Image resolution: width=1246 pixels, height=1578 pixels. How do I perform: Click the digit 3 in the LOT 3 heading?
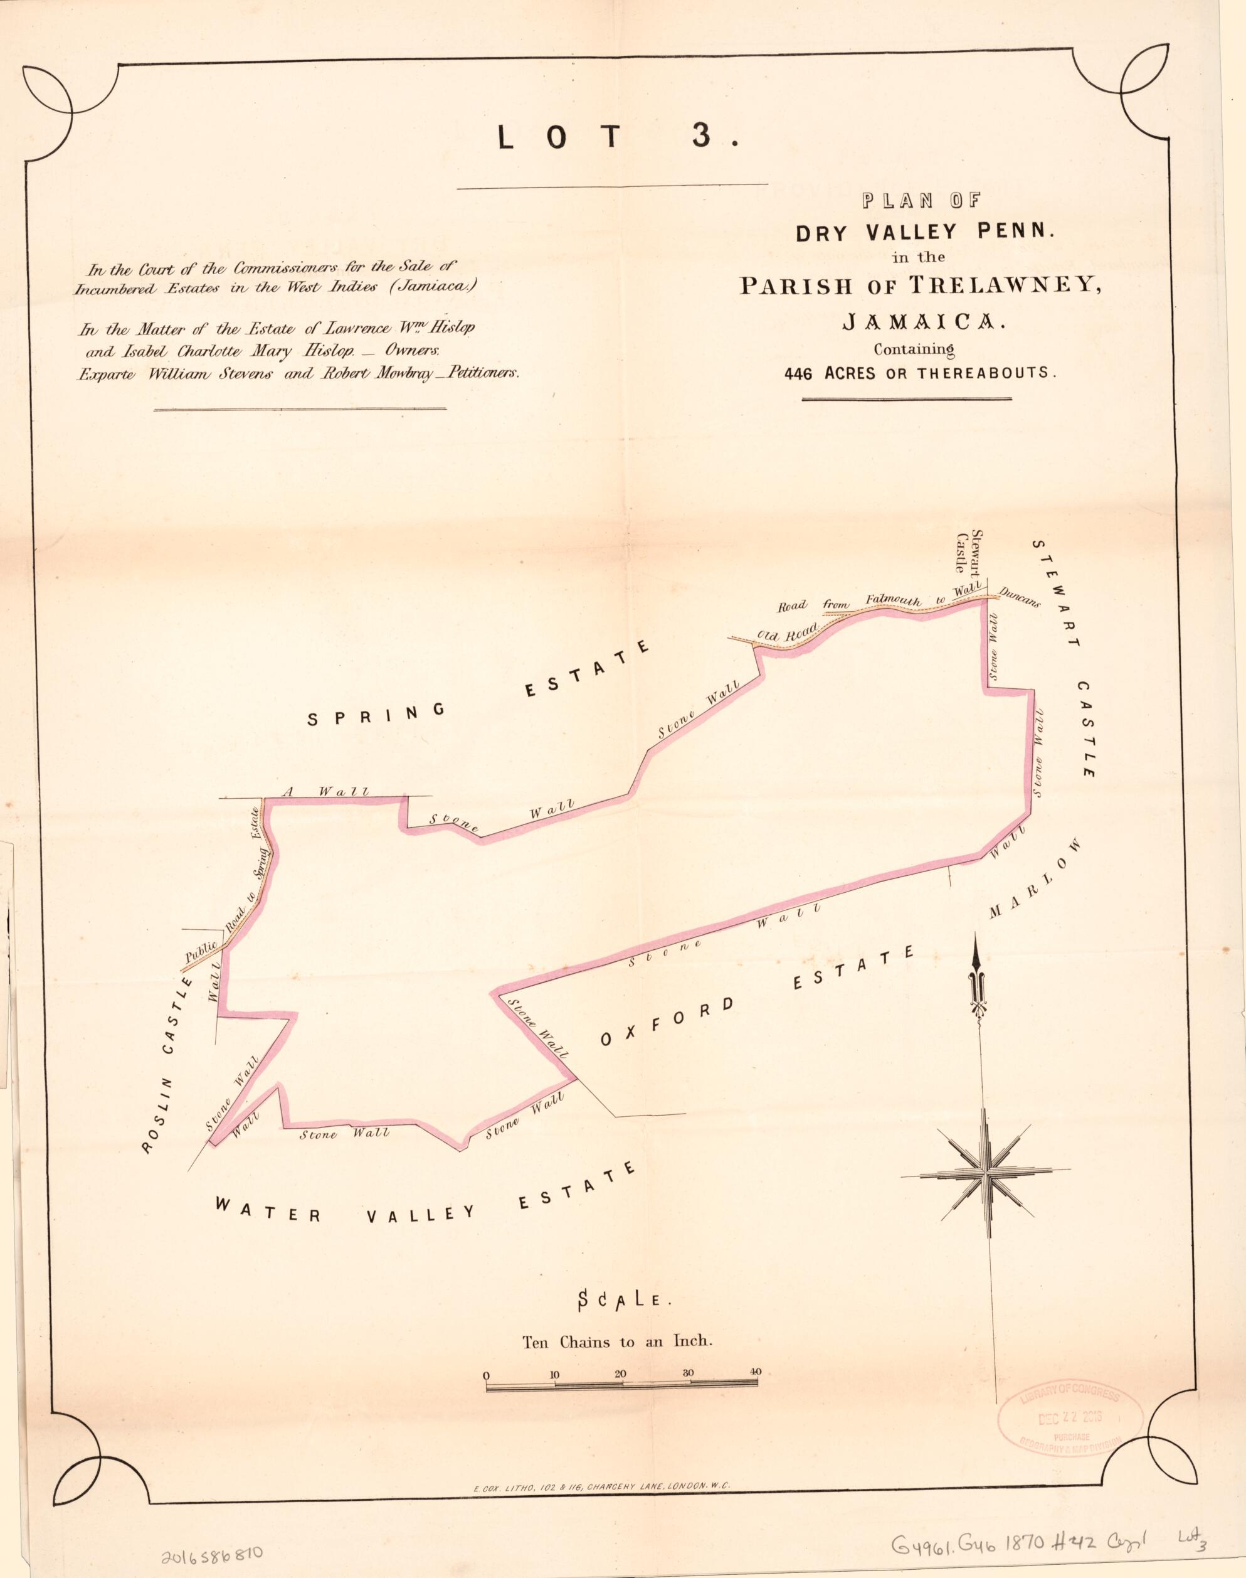click(x=700, y=137)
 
